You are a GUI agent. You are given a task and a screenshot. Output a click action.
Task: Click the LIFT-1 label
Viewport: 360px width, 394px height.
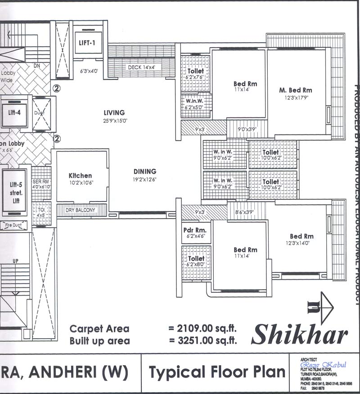[88, 43]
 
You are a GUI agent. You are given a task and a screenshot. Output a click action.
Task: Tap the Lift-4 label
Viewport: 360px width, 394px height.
[15, 112]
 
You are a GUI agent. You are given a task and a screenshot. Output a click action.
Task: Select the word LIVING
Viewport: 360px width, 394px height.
[114, 112]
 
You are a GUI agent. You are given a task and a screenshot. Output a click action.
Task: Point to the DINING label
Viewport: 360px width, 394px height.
[144, 171]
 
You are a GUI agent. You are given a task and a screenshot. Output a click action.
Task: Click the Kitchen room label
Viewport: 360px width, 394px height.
[80, 175]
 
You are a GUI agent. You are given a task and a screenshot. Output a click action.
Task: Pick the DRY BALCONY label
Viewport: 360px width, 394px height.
[81, 210]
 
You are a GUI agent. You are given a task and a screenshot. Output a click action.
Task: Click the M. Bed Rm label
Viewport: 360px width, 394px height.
[295, 90]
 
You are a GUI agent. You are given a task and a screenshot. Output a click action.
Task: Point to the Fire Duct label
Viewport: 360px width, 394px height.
[14, 225]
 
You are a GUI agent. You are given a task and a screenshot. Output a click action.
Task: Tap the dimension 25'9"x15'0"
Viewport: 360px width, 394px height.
[114, 120]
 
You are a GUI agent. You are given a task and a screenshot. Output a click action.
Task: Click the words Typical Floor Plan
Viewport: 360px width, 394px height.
[217, 372]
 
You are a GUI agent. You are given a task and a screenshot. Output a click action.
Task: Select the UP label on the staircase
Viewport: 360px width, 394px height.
[15, 261]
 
